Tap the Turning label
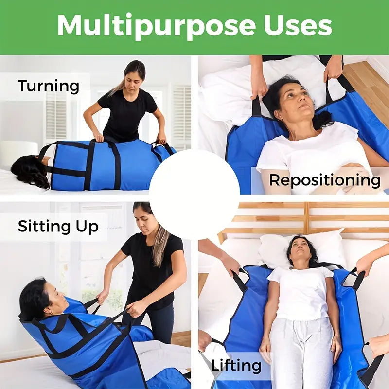tap(49, 87)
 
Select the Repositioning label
tap(325, 180)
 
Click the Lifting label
tap(236, 365)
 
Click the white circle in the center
tap(194, 194)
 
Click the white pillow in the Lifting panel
tap(302, 248)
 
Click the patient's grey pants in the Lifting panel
tap(301, 352)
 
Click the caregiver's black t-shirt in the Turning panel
tap(127, 115)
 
